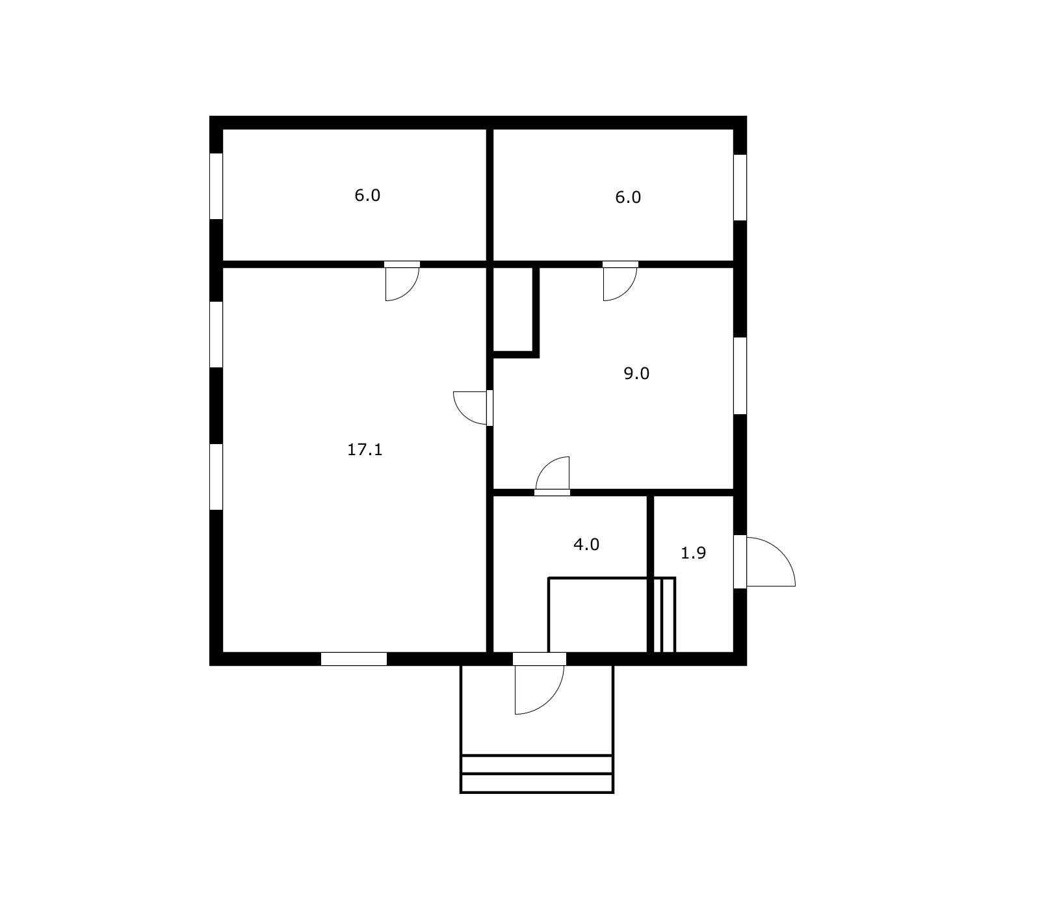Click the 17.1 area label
(365, 449)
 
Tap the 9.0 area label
(636, 373)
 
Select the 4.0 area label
(586, 544)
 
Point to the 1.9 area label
(693, 553)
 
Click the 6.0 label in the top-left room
(367, 195)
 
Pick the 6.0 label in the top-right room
(628, 197)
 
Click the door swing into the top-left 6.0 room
(402, 283)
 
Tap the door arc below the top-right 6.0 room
(620, 283)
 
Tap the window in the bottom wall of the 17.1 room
(354, 659)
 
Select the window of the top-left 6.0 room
(216, 186)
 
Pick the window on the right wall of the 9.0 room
(740, 375)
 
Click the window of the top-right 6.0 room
(740, 187)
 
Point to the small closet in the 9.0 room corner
(515, 310)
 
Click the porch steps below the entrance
(537, 774)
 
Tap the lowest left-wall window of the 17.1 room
(216, 477)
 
